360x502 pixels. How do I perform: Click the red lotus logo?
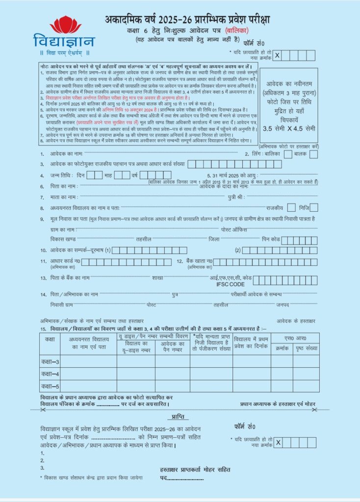66,25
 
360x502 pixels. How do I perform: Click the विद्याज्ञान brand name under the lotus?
64,41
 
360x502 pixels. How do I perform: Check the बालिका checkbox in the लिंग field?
286,154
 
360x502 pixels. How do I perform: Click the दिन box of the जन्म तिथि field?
95,175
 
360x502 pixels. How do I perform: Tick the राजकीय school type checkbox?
291,207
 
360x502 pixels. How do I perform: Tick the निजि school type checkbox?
314,207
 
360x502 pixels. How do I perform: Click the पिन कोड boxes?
299,240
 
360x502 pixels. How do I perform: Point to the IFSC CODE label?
230,284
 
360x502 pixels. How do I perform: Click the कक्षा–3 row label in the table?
50,362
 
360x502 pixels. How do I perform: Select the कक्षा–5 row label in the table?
50,386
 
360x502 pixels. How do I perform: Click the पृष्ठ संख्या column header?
306,348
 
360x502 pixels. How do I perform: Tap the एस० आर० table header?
295,338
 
